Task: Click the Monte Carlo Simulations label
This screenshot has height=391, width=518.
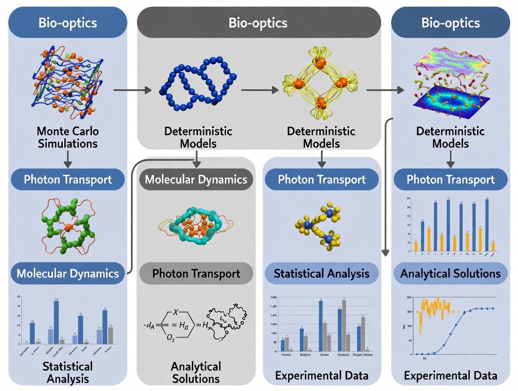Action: pos(68,137)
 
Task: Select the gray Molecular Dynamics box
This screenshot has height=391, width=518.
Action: pos(196,180)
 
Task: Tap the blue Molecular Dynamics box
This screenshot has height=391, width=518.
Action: pos(68,273)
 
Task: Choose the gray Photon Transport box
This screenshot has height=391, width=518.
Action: pos(196,274)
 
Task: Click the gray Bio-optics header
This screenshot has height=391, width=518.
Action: pos(258,23)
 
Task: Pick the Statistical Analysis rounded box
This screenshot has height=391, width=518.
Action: pos(321,274)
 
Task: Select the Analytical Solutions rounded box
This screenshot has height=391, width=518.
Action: pos(450,274)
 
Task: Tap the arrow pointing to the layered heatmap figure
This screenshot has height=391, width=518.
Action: pos(385,89)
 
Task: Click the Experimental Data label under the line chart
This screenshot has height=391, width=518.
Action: pos(450,375)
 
